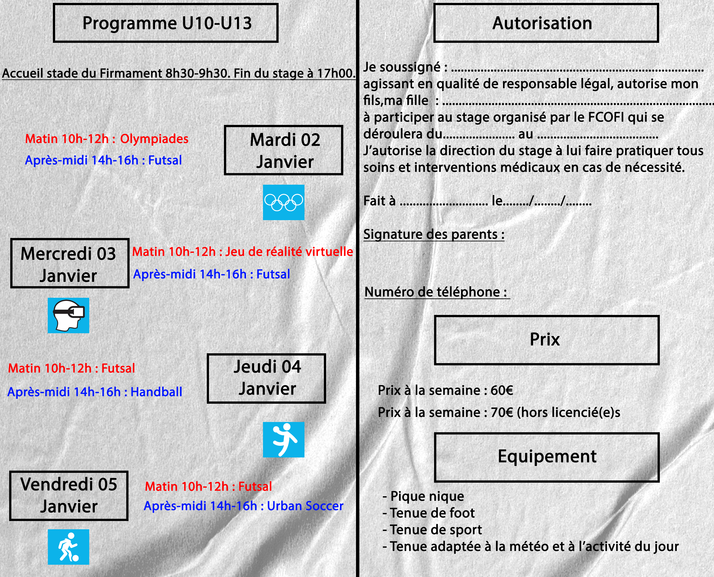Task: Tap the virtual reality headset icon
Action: pos(68,315)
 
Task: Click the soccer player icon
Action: pos(68,547)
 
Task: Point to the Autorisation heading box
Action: pos(546,23)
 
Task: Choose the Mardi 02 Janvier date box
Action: pos(284,150)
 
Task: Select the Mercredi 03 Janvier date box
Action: pos(70,263)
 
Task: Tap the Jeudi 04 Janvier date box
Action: pos(266,378)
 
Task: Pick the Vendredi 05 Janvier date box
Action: pos(69,496)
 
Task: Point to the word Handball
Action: pos(156,392)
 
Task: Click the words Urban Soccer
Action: pos(305,506)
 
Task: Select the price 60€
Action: pos(502,390)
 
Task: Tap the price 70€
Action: pos(502,412)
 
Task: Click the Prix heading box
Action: pos(547,340)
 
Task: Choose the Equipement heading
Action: pos(547,456)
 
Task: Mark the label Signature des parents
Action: pos(434,234)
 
